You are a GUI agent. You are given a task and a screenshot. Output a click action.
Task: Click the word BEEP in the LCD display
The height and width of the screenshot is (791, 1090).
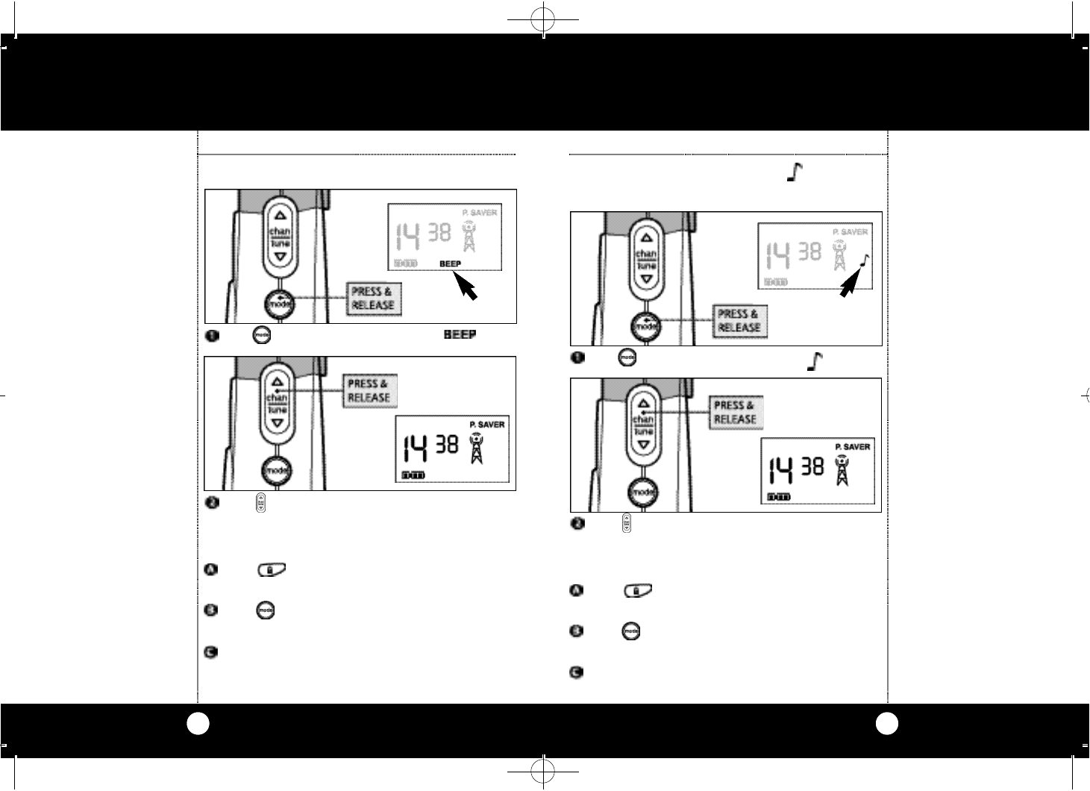coord(450,264)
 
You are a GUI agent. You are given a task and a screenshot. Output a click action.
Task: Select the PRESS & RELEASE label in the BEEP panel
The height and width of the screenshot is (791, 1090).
coord(372,298)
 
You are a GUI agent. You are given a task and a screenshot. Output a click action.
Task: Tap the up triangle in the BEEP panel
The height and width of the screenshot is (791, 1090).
coord(280,212)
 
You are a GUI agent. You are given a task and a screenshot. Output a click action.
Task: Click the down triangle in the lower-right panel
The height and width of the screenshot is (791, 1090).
coord(646,445)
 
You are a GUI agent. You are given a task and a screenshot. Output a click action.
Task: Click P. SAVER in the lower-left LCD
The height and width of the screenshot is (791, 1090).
coord(486,425)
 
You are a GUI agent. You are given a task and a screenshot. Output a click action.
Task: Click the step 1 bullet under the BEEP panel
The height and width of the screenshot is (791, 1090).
coord(211,336)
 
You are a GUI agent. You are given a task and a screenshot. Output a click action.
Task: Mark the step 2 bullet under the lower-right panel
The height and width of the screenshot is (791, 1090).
coord(577,523)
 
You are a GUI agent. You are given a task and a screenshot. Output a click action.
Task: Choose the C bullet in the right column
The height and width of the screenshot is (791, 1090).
coord(577,672)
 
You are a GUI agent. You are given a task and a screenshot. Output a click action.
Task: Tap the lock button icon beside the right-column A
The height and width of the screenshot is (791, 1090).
coord(636,591)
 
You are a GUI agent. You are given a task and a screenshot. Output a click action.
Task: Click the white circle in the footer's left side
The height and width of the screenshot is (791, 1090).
coord(198,723)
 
